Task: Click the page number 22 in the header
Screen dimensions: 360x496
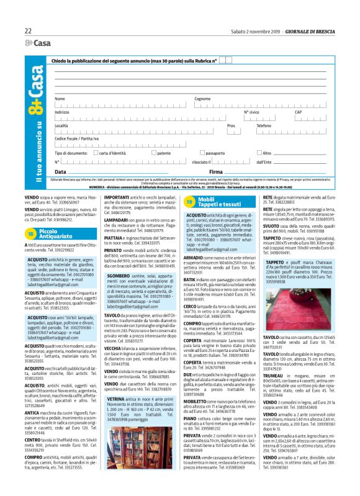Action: pos(28,30)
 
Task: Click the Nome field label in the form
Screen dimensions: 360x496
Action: pos(60,99)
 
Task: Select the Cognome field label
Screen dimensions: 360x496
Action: pos(202,99)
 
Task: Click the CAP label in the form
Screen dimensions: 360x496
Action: pos(298,112)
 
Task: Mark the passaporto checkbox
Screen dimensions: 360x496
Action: pos(201,152)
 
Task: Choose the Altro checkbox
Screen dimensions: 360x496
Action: pos(261,152)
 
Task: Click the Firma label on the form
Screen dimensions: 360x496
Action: pos(216,171)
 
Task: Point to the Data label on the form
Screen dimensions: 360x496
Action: pos(60,171)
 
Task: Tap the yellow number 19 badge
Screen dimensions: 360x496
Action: pos(190,202)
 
